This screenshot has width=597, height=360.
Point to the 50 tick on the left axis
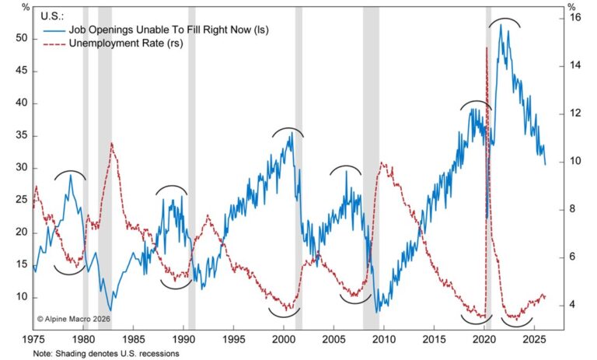(x=22, y=38)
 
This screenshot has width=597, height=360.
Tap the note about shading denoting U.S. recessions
(x=106, y=354)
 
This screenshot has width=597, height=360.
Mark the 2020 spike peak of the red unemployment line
(x=487, y=48)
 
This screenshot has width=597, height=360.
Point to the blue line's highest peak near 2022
(x=501, y=25)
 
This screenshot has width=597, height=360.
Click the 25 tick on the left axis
(x=22, y=200)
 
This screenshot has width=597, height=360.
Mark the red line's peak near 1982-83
(x=112, y=143)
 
